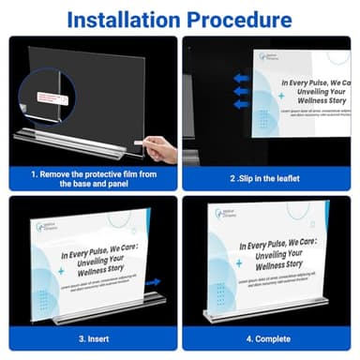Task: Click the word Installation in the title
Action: pyautogui.click(x=127, y=18)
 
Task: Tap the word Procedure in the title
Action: pyautogui.click(x=245, y=18)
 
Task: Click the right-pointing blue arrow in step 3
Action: pyautogui.click(x=153, y=280)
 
